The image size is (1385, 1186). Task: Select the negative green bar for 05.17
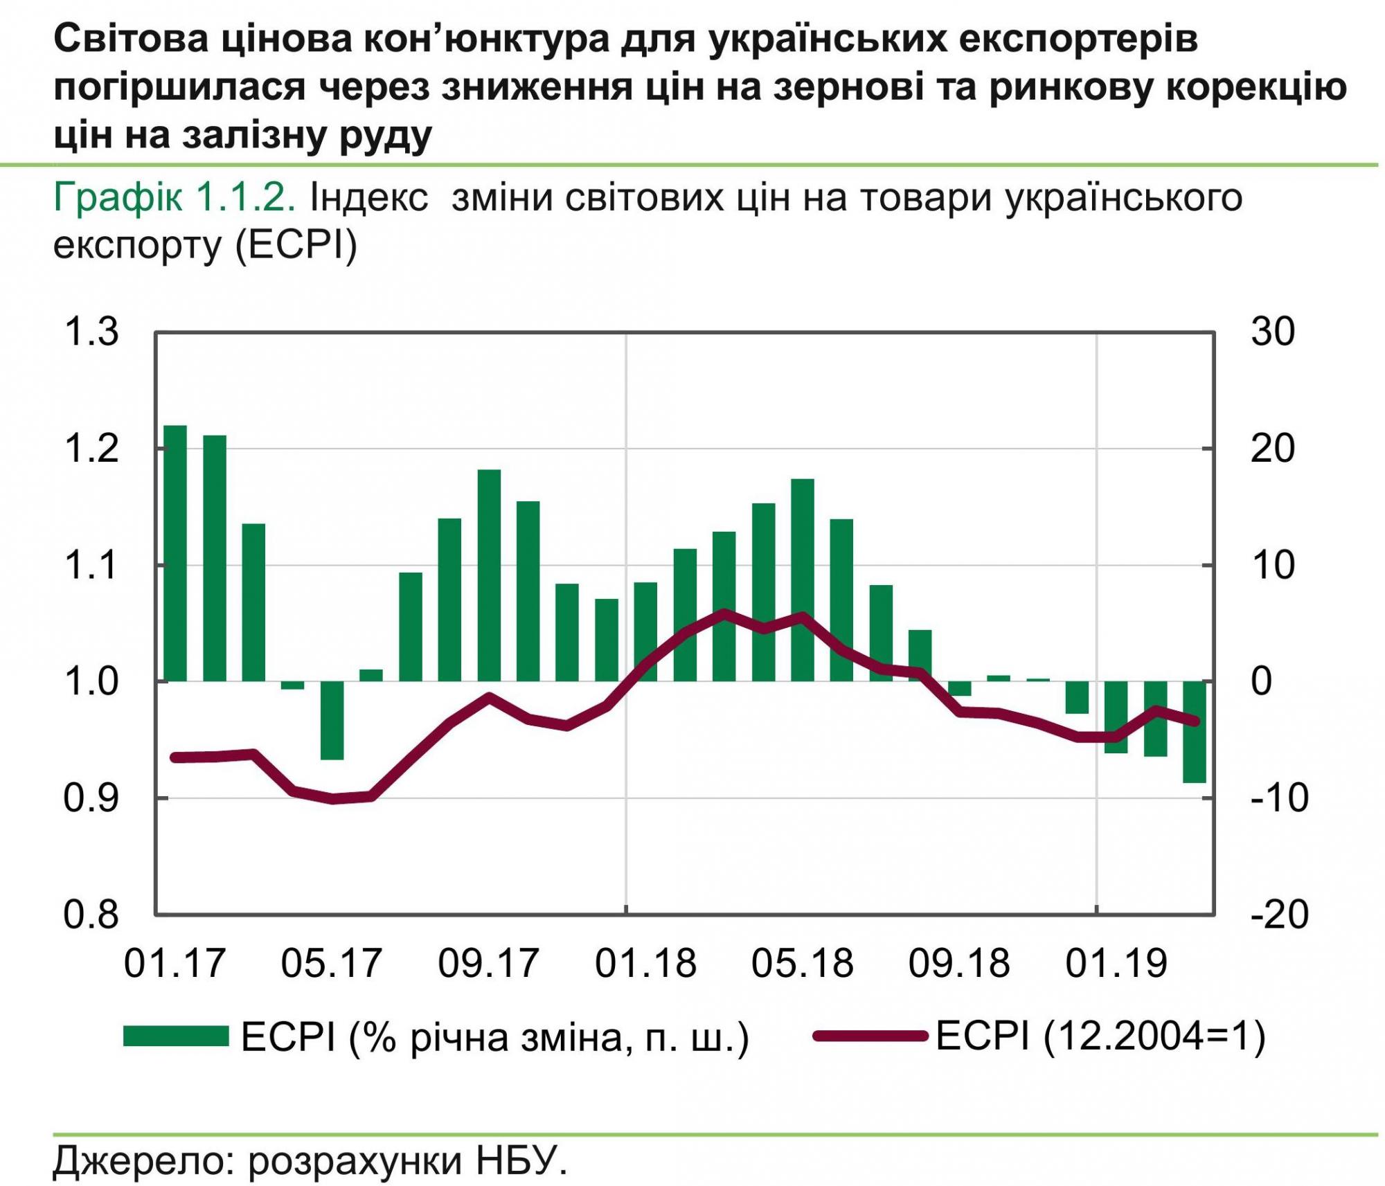click(332, 720)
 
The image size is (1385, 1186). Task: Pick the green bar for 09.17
click(489, 575)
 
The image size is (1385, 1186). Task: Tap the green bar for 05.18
click(803, 579)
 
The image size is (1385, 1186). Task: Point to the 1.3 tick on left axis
click(91, 332)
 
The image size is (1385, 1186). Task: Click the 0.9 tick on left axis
click(91, 798)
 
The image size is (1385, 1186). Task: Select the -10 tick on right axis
click(1278, 798)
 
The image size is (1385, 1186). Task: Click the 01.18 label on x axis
click(645, 963)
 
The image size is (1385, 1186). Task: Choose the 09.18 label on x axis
click(959, 963)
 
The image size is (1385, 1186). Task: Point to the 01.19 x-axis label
click(1116, 963)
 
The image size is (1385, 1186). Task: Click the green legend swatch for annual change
click(176, 1036)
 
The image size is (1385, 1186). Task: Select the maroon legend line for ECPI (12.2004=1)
click(870, 1036)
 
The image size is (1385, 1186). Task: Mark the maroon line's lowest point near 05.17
click(333, 799)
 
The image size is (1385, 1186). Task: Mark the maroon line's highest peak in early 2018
click(724, 613)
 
